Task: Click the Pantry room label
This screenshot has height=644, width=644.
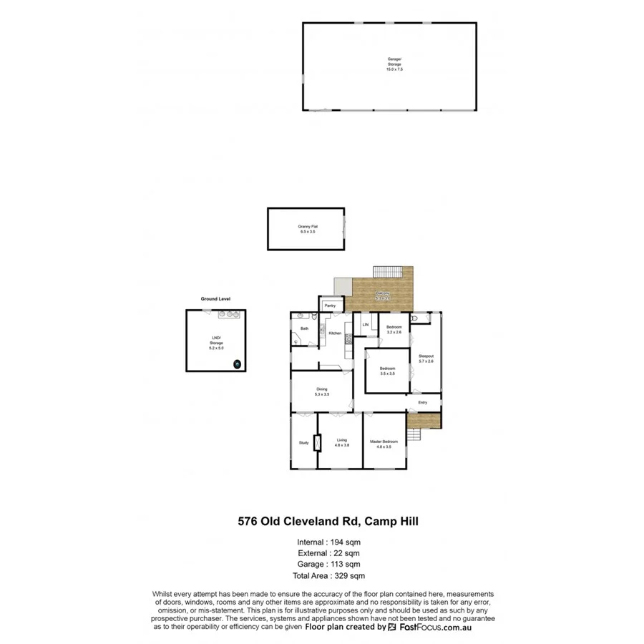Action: (330, 306)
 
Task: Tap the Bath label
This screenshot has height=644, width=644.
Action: (304, 328)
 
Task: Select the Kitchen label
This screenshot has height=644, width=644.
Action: (334, 333)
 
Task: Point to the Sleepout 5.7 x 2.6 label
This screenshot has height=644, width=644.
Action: (426, 358)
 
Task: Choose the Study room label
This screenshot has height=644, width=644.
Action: (303, 443)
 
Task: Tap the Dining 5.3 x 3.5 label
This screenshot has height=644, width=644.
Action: (322, 391)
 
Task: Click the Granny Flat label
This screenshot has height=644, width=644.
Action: (307, 229)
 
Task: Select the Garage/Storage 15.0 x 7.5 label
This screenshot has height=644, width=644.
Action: (395, 64)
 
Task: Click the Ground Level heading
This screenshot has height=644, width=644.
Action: (215, 298)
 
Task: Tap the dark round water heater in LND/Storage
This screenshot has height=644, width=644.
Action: (237, 364)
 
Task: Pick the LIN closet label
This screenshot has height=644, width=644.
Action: (365, 325)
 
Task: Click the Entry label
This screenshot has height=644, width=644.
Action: (423, 402)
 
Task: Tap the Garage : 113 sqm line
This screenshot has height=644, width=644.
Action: (328, 564)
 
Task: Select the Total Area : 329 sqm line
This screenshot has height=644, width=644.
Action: (328, 575)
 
